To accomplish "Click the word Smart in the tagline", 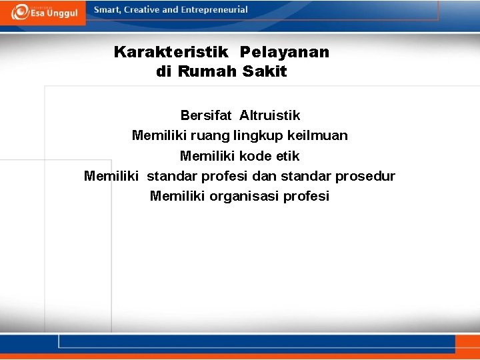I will point(107,10).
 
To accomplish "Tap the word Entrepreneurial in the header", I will point(214,10).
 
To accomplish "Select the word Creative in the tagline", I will point(143,10).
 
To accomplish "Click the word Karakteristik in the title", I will point(171,52).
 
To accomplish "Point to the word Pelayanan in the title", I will point(285,52).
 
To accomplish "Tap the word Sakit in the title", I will point(265,72).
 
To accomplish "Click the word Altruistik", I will point(270,116).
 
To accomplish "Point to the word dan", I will point(265,177).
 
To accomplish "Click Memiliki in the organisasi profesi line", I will point(177,197).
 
